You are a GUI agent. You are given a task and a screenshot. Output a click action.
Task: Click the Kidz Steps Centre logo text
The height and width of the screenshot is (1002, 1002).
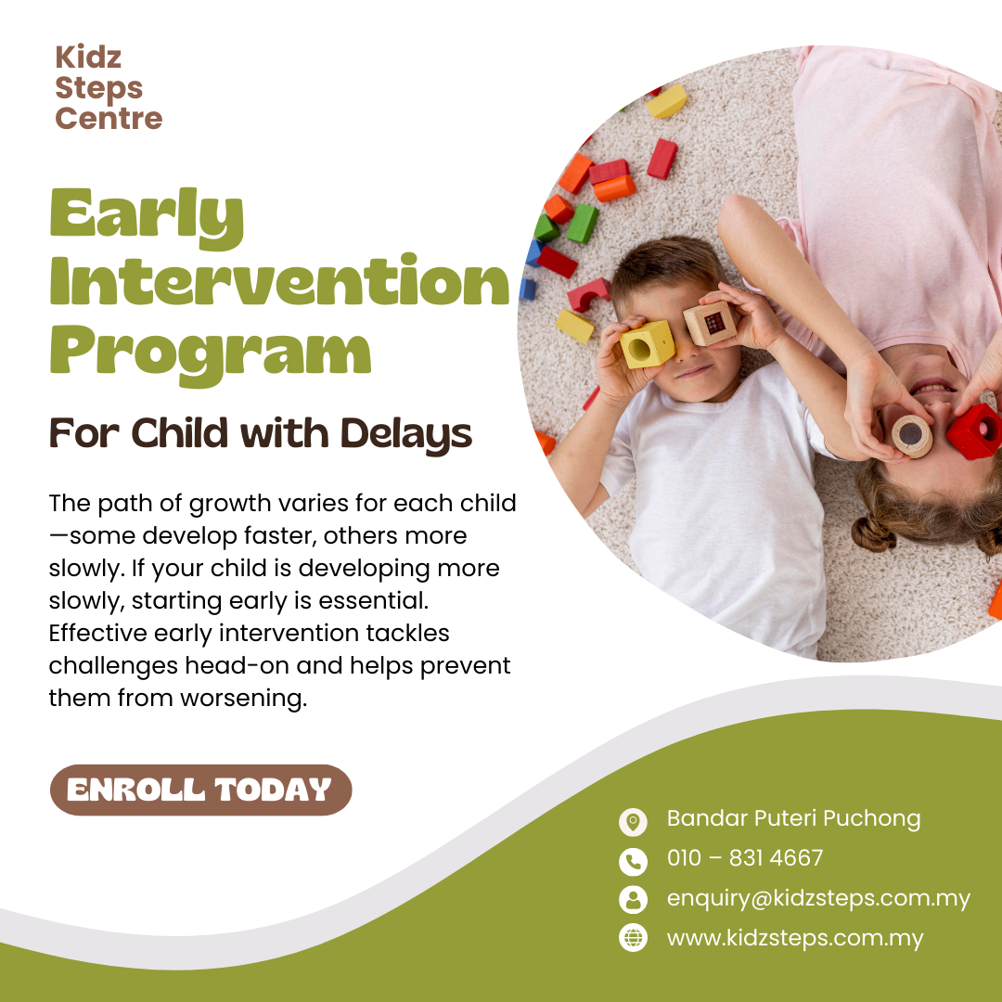point(109,88)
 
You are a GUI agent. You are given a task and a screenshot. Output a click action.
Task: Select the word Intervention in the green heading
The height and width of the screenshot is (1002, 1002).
point(279,284)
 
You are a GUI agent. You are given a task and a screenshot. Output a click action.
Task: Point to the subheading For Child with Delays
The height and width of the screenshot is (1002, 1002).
point(261,432)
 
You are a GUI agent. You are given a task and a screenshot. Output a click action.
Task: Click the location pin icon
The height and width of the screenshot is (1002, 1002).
point(633,820)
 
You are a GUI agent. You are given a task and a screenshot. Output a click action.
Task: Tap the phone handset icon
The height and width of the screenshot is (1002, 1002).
point(633,860)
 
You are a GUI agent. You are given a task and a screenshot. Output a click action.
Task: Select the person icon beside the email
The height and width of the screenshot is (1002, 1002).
point(633,899)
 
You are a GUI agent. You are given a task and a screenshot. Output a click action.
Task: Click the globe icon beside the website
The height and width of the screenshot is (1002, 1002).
point(633,938)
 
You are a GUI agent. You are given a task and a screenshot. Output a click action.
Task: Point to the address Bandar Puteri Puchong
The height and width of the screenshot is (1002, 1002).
point(793,818)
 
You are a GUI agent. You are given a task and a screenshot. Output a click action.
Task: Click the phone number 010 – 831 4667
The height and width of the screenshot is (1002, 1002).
point(745,858)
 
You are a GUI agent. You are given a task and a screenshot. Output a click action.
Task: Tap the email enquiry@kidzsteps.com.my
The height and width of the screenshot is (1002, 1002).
point(818,898)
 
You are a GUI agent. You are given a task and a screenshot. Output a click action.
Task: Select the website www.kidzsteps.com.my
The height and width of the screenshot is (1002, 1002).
point(795,938)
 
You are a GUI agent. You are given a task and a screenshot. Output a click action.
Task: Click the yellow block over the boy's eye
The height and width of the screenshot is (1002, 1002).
point(647,344)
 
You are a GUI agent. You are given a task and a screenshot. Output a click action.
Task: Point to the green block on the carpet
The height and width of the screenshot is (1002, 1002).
point(582,224)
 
